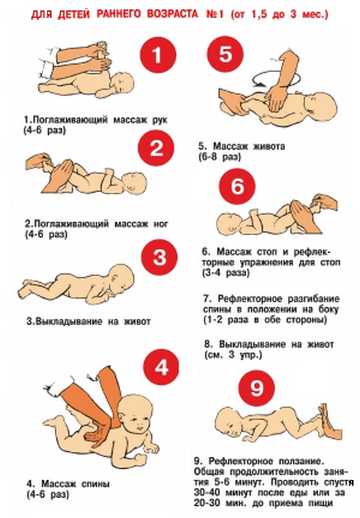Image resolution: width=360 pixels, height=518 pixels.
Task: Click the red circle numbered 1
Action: (x=158, y=55)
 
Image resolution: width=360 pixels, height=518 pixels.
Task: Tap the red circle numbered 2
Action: (x=156, y=147)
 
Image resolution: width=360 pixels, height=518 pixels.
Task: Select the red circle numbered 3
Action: (x=159, y=257)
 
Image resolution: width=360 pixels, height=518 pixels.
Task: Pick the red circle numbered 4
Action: (x=161, y=367)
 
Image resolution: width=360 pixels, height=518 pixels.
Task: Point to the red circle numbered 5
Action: (x=225, y=54)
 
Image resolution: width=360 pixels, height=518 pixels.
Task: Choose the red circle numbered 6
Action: (x=238, y=186)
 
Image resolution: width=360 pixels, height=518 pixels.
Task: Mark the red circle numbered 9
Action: (x=257, y=388)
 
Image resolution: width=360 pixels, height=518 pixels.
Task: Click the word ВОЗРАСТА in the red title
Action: (x=173, y=14)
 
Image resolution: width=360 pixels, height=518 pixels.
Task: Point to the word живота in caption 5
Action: (x=269, y=146)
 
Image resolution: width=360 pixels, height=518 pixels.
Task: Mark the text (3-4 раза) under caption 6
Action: (x=226, y=273)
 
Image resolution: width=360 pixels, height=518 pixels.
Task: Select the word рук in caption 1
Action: (x=160, y=119)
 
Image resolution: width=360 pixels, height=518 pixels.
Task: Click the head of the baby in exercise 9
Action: (x=229, y=421)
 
